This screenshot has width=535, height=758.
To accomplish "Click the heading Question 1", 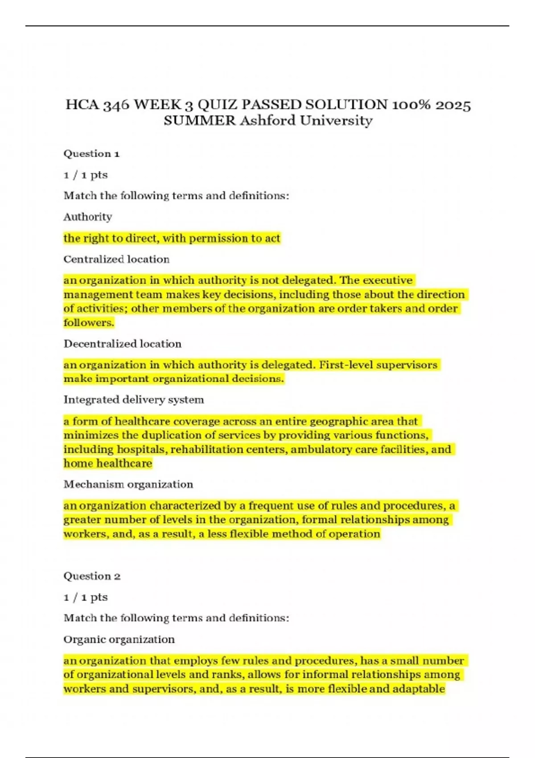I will [91, 154].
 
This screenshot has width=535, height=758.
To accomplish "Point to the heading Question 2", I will [92, 576].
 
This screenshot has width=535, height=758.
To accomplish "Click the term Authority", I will [87, 217].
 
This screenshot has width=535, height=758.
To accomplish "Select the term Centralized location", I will [116, 260].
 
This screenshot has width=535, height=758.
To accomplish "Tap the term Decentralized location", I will [122, 344].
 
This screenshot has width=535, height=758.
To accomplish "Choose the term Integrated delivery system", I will [133, 400].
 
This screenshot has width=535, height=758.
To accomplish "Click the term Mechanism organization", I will [128, 484].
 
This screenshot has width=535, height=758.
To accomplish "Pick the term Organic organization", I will [119, 639].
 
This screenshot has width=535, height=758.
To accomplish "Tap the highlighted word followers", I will [89, 322].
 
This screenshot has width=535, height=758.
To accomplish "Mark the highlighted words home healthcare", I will [107, 464].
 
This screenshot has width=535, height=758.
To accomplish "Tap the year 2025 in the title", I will [453, 105].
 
